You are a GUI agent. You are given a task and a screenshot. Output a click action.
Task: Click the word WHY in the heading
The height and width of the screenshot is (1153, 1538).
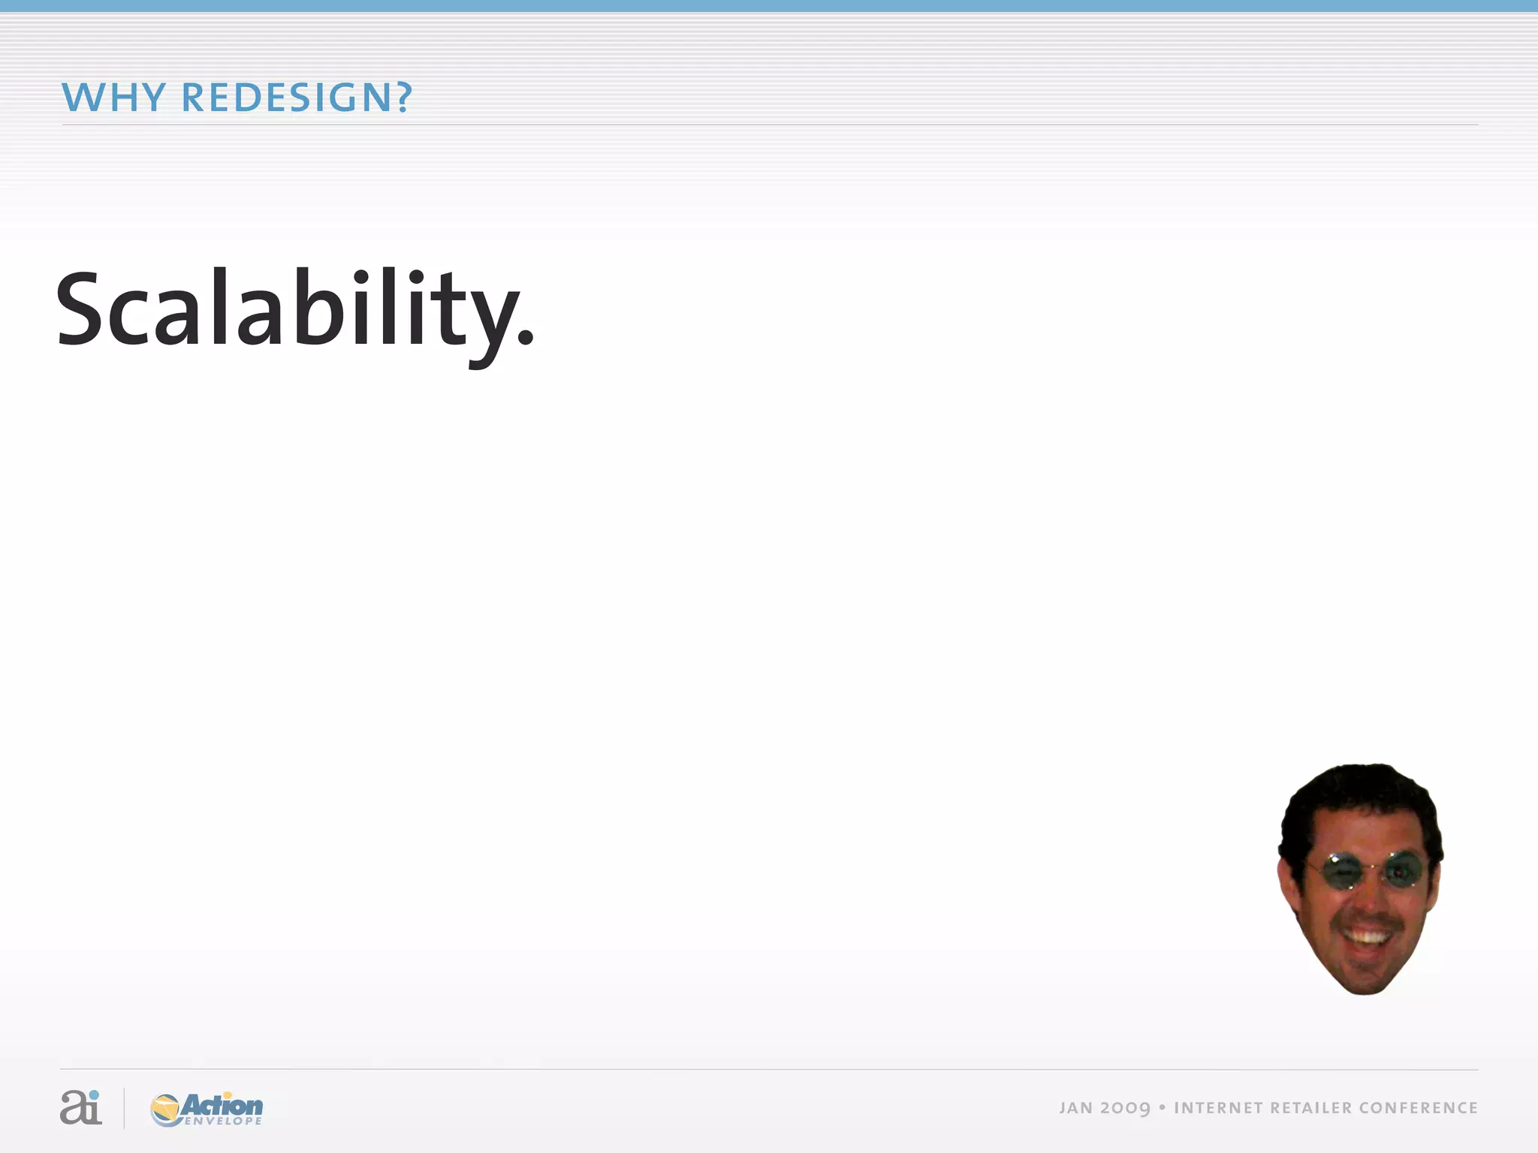point(113,98)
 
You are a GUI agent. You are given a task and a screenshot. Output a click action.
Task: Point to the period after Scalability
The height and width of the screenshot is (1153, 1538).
point(526,339)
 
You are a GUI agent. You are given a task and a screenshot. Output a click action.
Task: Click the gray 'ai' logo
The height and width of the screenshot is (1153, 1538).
point(80,1107)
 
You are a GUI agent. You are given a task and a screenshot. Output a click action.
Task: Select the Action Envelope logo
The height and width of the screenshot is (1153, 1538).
point(207,1109)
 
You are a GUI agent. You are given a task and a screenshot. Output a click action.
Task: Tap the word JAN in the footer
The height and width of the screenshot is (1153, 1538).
point(1075,1108)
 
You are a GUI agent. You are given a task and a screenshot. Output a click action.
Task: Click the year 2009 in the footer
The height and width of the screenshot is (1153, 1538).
point(1125,1108)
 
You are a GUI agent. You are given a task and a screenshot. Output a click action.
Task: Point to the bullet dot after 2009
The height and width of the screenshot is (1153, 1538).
point(1162,1107)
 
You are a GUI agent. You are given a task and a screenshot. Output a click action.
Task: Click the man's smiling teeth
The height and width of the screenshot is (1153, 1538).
point(1367,937)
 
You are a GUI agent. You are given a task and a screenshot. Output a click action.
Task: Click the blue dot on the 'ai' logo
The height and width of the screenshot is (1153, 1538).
point(93,1094)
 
